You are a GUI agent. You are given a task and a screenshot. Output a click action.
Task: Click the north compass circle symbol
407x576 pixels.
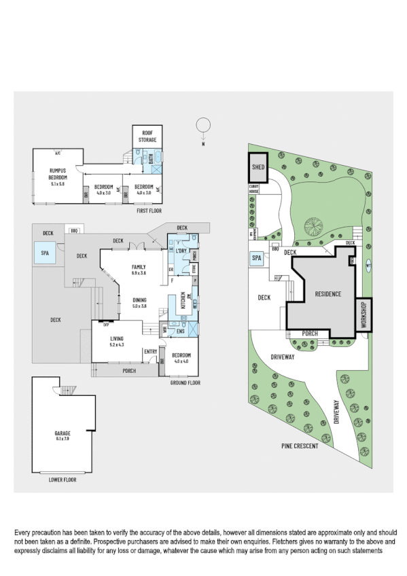pyautogui.click(x=201, y=125)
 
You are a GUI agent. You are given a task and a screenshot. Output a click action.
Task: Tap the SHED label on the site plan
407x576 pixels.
pyautogui.click(x=258, y=166)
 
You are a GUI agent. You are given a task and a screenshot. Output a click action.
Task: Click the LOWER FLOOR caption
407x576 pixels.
pyautogui.click(x=63, y=480)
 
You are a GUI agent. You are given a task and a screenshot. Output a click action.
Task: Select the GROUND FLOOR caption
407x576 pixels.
pyautogui.click(x=184, y=382)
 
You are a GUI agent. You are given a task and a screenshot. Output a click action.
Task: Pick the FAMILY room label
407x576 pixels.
pyautogui.click(x=139, y=269)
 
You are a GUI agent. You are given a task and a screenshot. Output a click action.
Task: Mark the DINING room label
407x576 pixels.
pyautogui.click(x=139, y=302)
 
